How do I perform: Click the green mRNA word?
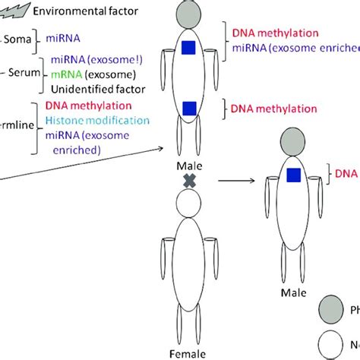(x=67, y=74)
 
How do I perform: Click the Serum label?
(x=27, y=73)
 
